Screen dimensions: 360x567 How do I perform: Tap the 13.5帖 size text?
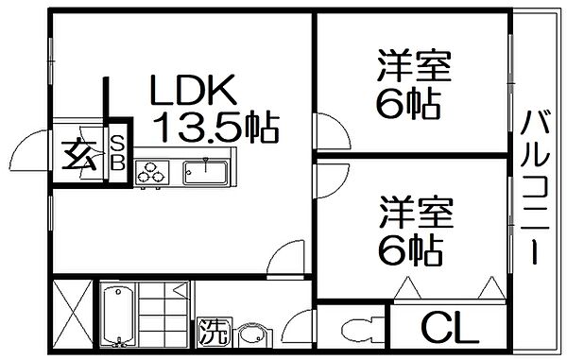pos(218,126)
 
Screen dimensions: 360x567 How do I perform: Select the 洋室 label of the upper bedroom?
pos(412,69)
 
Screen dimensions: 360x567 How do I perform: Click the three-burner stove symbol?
pos(151,171)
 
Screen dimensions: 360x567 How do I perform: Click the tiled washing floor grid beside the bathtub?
pos(165,313)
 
